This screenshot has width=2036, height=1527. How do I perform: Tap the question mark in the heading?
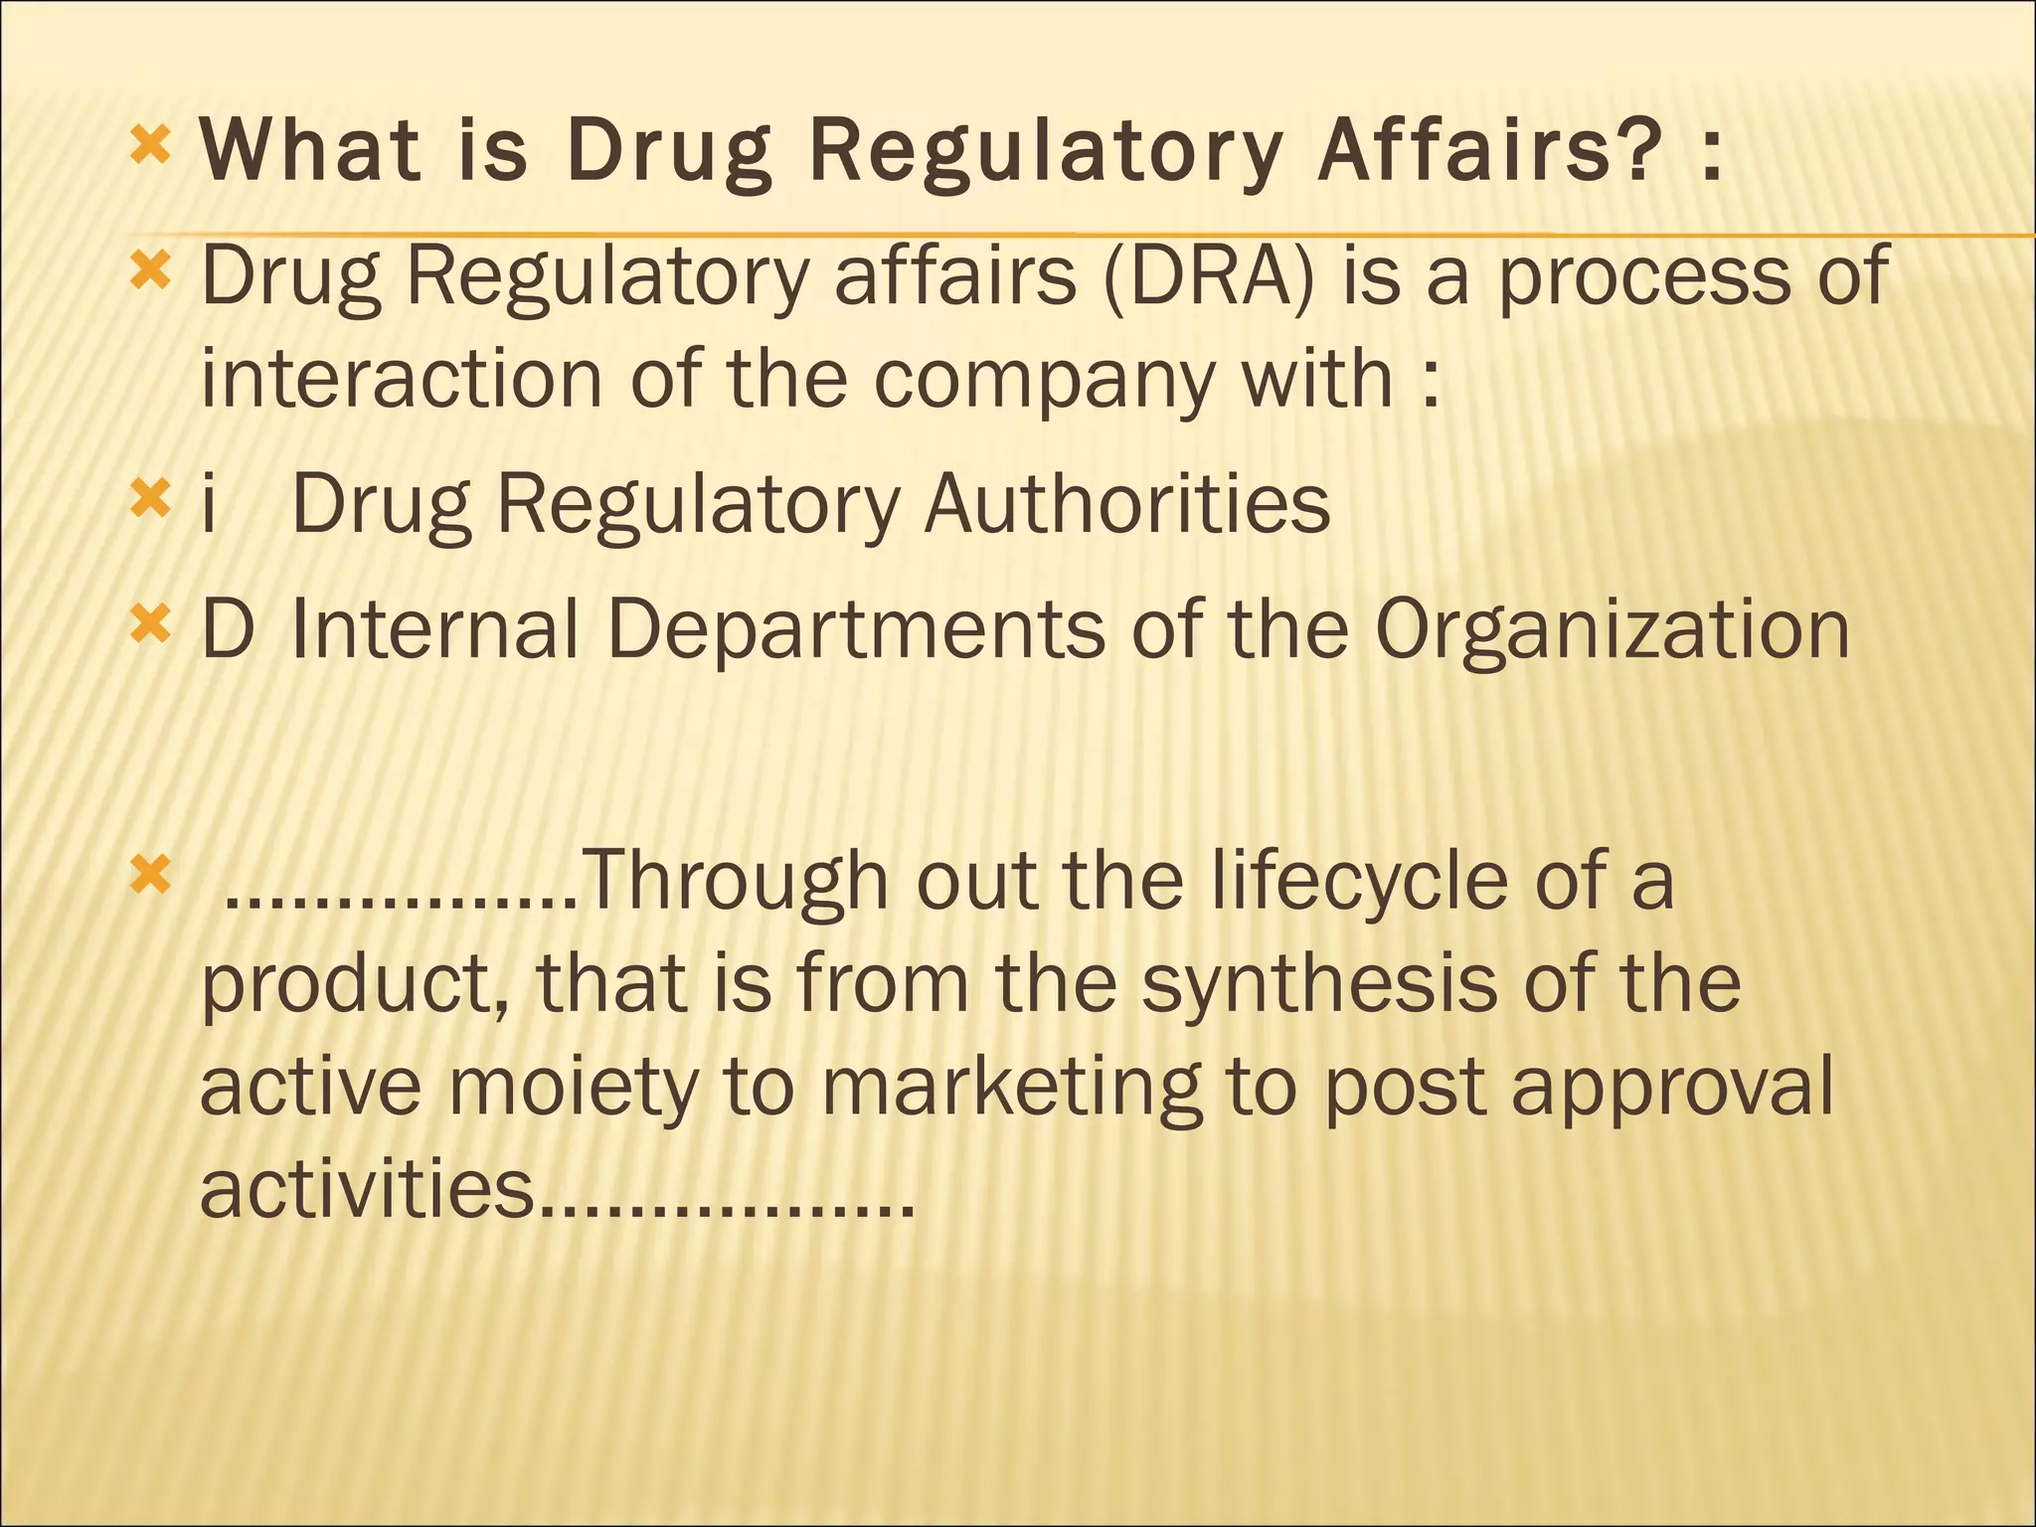pos(1635,151)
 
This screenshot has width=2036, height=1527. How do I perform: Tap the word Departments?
pos(855,631)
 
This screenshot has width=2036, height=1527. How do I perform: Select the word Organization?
pos(1612,631)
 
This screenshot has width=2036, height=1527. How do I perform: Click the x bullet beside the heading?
pos(150,148)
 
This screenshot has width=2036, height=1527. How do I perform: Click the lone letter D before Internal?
pos(227,629)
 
